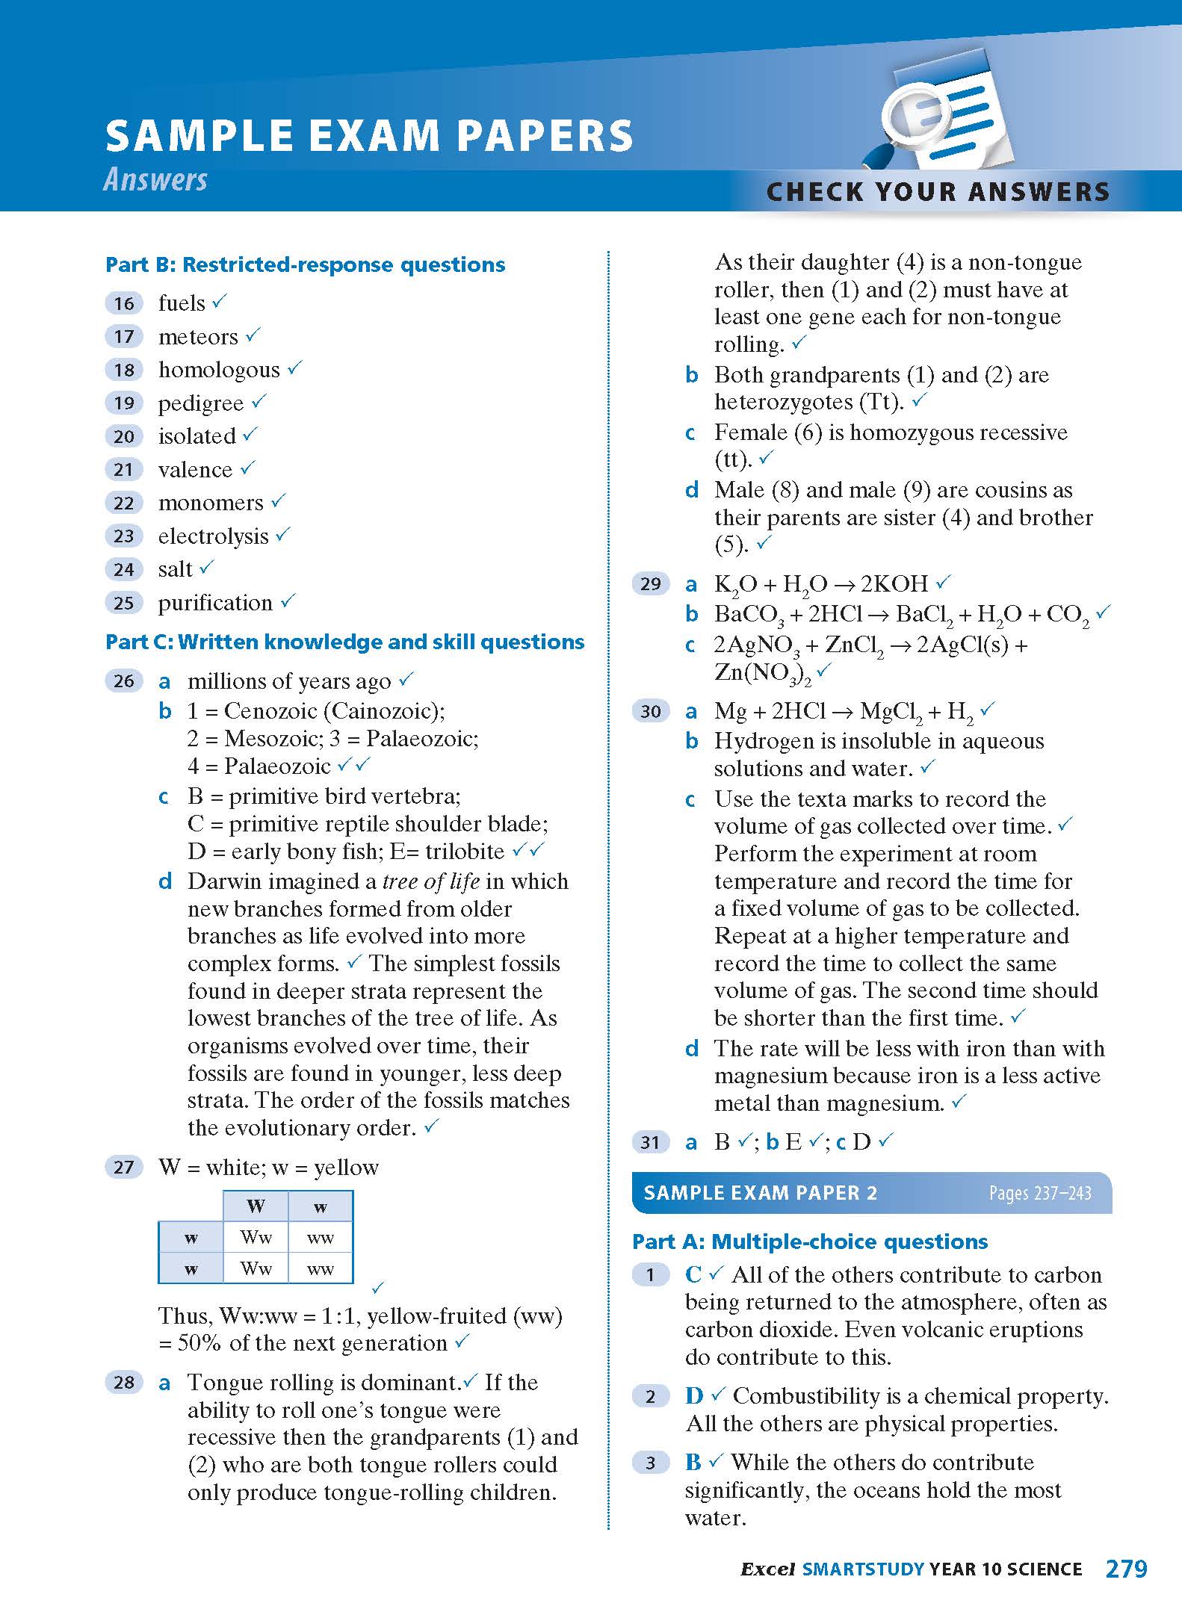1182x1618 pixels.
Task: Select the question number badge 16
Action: pos(124,303)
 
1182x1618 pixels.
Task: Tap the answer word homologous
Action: pos(219,370)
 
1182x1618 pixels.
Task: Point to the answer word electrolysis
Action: pos(213,536)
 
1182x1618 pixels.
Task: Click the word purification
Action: pos(215,603)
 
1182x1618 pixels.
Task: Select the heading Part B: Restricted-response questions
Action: pos(305,264)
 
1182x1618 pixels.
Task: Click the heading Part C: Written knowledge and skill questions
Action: pos(344,642)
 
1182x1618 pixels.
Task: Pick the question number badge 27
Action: pos(124,1168)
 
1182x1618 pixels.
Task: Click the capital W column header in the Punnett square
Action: pos(256,1206)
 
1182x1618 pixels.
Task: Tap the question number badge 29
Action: pos(651,583)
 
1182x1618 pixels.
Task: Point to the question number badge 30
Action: pos(651,711)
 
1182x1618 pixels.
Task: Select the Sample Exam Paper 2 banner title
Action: pos(760,1193)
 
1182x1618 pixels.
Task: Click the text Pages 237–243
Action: pos(1040,1193)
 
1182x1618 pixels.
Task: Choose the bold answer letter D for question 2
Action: pos(694,1395)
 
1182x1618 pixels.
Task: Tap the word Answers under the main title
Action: pos(155,180)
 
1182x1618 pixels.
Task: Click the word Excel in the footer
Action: pos(767,1569)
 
